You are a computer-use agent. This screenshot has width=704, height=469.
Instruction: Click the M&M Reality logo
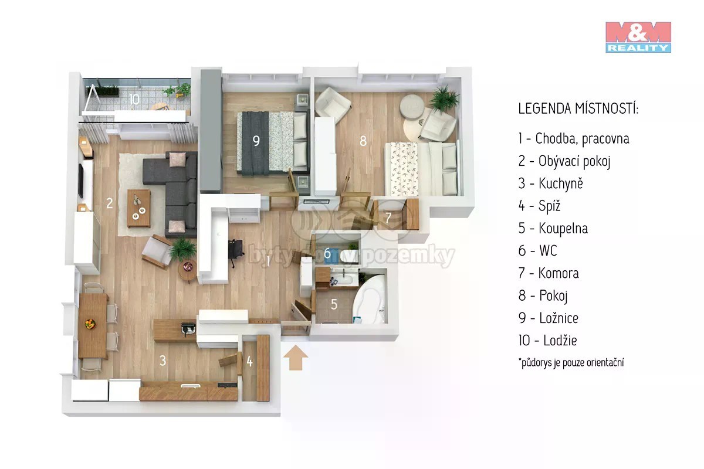point(638,37)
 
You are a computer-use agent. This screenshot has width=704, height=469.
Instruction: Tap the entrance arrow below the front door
point(296,358)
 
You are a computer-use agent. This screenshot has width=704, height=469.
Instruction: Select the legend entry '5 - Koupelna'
point(553,229)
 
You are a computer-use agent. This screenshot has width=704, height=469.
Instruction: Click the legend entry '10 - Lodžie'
point(548,340)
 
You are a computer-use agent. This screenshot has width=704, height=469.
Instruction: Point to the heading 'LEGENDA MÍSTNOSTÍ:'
point(578,108)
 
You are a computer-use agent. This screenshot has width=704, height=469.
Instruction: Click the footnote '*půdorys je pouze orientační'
point(571,362)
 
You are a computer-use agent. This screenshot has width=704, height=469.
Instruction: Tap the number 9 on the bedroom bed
point(256,141)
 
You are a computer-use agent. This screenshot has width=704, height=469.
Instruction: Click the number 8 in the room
point(363,141)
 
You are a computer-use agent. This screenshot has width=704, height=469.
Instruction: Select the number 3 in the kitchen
point(163,361)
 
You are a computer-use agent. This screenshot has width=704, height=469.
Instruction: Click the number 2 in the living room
point(109,203)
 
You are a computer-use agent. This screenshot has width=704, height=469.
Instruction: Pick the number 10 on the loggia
point(134,99)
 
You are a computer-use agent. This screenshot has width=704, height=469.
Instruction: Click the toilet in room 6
point(349,256)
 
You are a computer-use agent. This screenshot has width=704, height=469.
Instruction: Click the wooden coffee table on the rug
point(138,208)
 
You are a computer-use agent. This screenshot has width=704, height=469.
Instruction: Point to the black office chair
point(236,251)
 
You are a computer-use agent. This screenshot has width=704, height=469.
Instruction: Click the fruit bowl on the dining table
point(90,324)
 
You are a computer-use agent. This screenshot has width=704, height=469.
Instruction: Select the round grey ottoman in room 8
point(412,106)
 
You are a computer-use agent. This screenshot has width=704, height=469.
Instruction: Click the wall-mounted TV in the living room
point(81,181)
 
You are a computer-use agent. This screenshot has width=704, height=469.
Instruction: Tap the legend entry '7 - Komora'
point(549,273)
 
